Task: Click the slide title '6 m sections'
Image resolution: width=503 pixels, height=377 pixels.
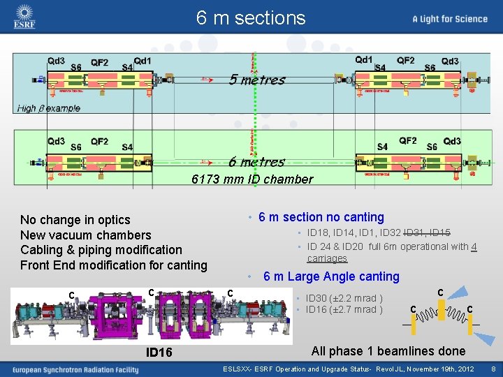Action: [251, 17]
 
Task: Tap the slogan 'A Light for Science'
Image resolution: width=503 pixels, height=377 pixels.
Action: [450, 19]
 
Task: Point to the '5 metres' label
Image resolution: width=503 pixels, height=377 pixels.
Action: [257, 80]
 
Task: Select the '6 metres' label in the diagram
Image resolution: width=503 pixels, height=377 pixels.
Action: [256, 162]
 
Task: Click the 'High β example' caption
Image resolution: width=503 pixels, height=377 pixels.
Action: [49, 108]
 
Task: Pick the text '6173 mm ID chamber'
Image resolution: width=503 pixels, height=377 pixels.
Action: [252, 179]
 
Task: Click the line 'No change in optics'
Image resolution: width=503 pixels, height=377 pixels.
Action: [75, 220]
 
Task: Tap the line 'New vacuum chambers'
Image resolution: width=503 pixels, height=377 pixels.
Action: [86, 235]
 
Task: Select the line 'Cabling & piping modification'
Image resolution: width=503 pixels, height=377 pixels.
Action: [101, 250]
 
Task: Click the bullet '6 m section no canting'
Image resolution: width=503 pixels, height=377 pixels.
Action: [321, 217]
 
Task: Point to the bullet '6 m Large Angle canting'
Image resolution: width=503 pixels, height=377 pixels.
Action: [331, 276]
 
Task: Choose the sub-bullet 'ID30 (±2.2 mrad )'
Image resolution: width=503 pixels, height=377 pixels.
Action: [344, 299]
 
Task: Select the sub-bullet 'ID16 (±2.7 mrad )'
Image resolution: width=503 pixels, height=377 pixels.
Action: [344, 309]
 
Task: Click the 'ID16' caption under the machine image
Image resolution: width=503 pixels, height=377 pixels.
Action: [159, 353]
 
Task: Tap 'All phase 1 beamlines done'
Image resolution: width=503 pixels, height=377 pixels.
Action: [388, 351]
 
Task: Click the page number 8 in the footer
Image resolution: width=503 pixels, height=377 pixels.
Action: [493, 368]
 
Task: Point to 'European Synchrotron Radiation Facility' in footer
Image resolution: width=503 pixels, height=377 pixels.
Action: [75, 369]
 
